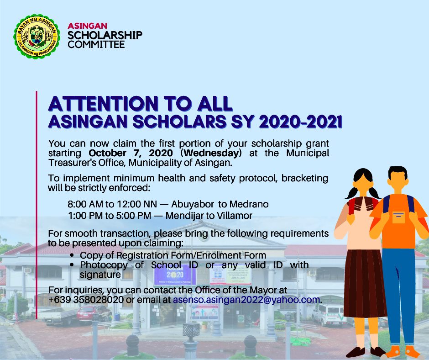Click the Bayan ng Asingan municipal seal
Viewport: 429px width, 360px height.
tap(37, 37)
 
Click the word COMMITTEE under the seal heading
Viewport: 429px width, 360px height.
tap(96, 44)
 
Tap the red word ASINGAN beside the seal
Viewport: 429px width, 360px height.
tap(87, 26)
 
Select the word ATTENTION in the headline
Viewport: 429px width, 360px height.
tap(103, 104)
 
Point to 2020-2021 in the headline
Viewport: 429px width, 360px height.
tap(300, 122)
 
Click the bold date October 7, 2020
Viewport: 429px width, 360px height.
tap(131, 153)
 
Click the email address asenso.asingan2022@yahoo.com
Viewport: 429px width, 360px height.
tap(246, 299)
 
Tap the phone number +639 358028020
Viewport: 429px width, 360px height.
tap(86, 299)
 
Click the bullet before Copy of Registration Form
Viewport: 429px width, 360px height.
tap(72, 255)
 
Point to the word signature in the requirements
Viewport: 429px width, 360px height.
tap(100, 275)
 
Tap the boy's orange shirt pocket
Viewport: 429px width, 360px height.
tap(399, 217)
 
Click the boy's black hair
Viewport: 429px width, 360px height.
tap(398, 172)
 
